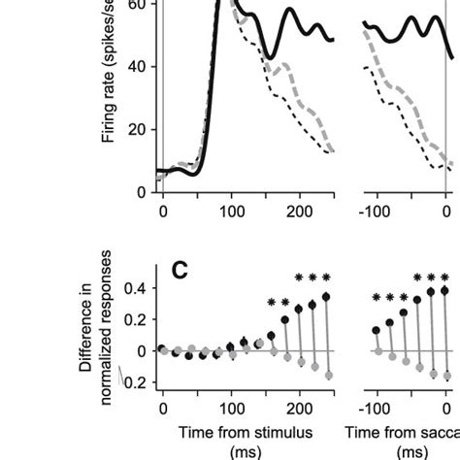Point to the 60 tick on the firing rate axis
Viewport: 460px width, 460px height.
point(142,6)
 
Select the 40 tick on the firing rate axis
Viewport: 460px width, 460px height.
point(142,67)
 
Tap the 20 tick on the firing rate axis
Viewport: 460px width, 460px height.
point(142,129)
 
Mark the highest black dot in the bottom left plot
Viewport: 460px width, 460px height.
point(326,296)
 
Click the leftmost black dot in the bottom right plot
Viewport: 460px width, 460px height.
point(376,330)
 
